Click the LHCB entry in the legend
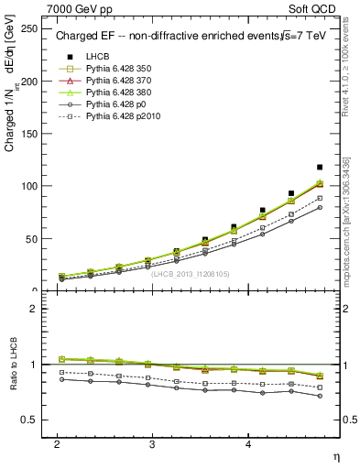coord(97,57)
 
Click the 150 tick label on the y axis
coord(30,134)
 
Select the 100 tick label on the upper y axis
coord(30,186)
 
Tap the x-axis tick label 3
coord(152,442)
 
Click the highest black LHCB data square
coord(319,168)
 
